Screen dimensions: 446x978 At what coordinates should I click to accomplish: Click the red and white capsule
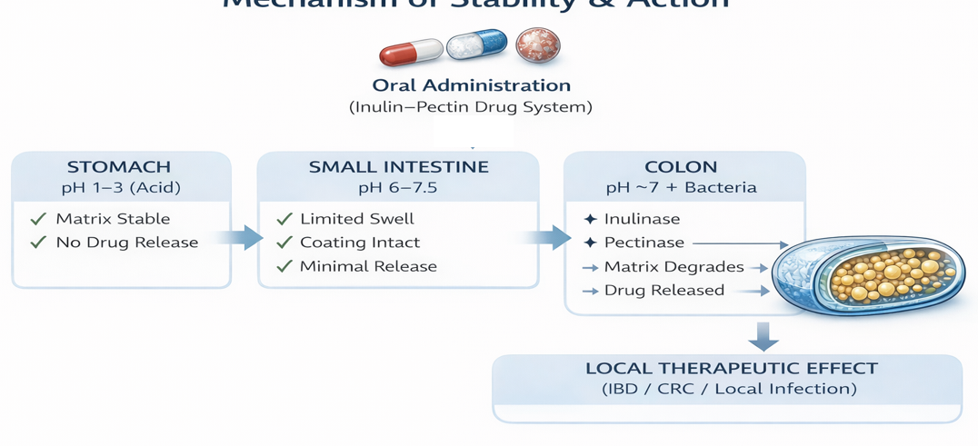pyautogui.click(x=410, y=51)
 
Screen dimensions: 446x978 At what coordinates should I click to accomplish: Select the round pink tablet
pyautogui.click(x=537, y=44)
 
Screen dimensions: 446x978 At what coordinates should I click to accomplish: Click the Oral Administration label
pyautogui.click(x=471, y=85)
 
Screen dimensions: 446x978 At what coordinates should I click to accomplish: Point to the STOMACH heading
pyautogui.click(x=119, y=167)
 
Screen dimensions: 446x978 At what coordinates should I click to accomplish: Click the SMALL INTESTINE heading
pyautogui.click(x=398, y=167)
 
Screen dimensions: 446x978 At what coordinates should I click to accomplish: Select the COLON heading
pyautogui.click(x=681, y=167)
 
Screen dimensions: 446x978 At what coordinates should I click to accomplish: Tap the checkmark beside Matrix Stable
pyautogui.click(x=38, y=219)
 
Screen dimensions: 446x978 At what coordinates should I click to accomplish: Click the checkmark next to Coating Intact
pyautogui.click(x=284, y=243)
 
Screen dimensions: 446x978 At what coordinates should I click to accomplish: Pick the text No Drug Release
pyautogui.click(x=126, y=243)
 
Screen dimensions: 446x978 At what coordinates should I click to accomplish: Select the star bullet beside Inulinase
pyautogui.click(x=590, y=219)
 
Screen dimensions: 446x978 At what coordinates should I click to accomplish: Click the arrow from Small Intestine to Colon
pyautogui.click(x=548, y=238)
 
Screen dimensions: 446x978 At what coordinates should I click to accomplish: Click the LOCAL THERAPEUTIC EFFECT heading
pyautogui.click(x=731, y=369)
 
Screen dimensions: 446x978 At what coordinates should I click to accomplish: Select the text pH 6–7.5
pyautogui.click(x=398, y=188)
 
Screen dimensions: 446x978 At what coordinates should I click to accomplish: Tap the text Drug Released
pyautogui.click(x=664, y=291)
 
